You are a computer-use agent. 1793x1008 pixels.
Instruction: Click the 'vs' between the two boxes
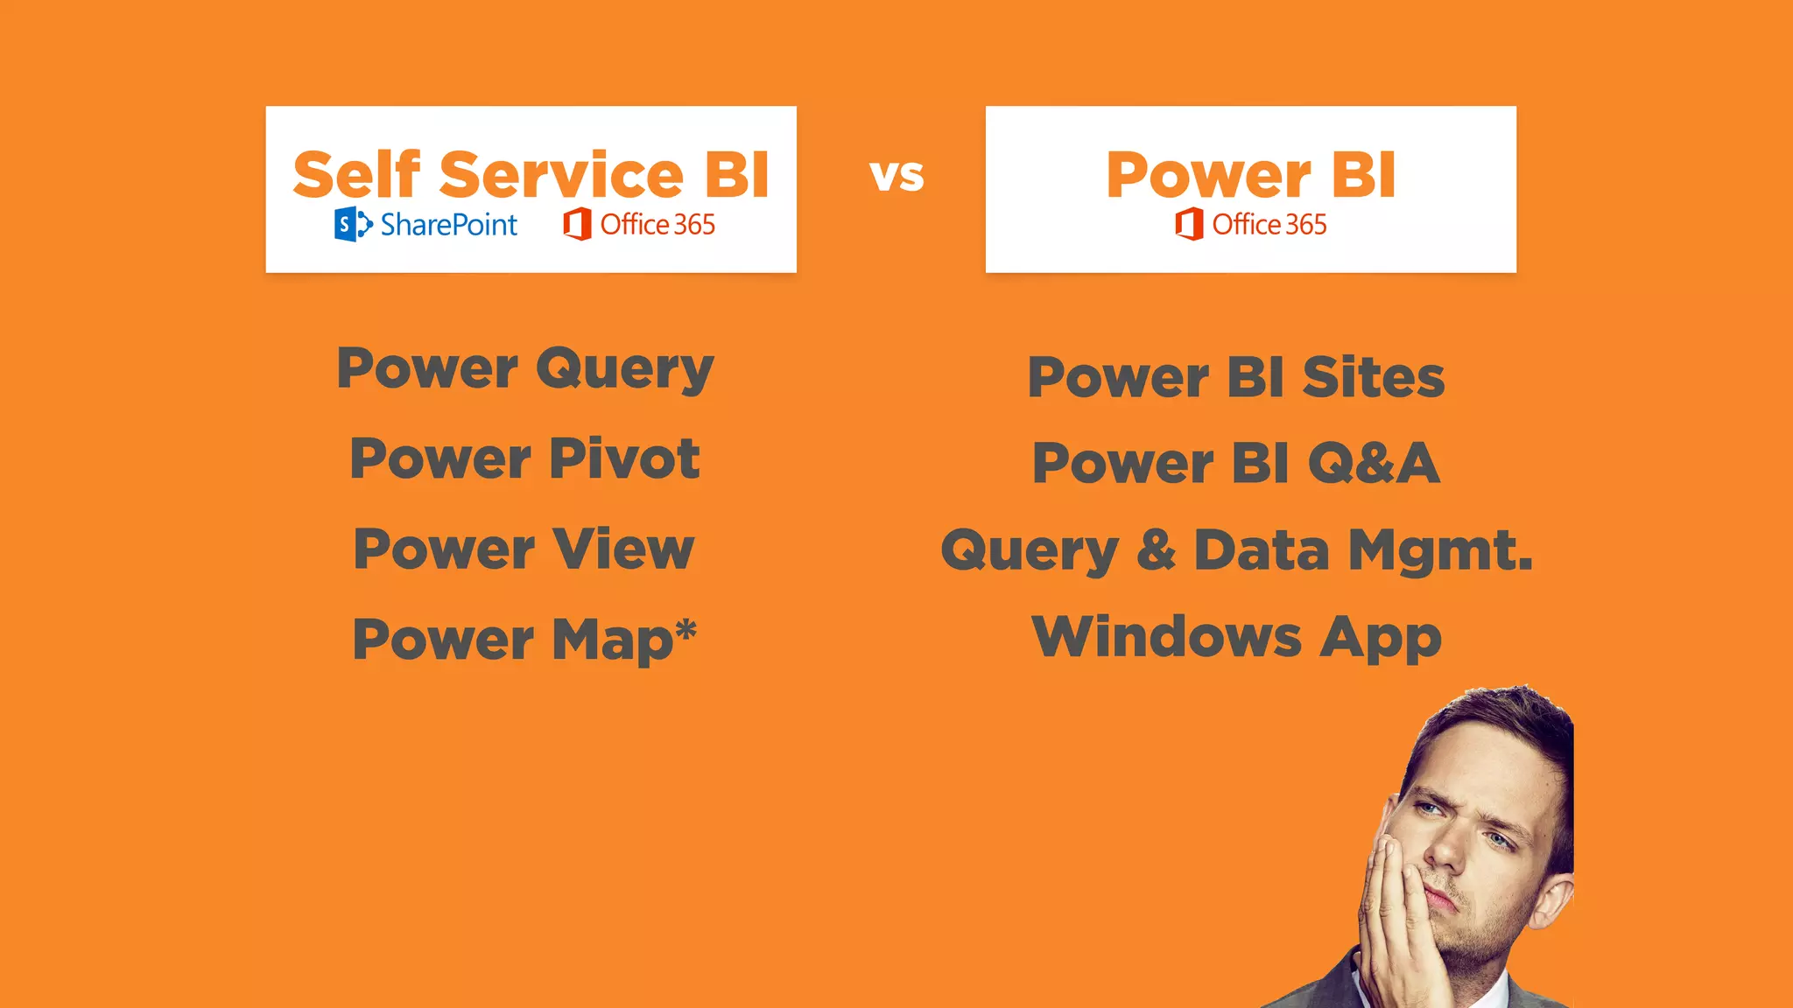coord(896,176)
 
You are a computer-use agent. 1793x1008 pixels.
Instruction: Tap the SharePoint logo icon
coord(352,225)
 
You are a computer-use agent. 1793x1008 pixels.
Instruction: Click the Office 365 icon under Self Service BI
coord(577,225)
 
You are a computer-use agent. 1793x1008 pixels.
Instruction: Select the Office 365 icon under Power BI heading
coord(1189,225)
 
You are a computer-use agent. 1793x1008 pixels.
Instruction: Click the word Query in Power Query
coord(625,370)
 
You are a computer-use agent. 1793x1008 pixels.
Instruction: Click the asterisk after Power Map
coord(686,629)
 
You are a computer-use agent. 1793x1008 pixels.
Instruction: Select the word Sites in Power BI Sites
coord(1373,378)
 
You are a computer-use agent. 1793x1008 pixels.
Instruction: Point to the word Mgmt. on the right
coord(1440,551)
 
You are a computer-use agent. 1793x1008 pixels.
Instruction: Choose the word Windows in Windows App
coord(1166,636)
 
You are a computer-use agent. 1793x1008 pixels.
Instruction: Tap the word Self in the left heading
coord(356,174)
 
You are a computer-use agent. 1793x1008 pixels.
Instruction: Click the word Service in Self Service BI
coord(561,174)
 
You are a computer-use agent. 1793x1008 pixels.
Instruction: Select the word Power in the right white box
coord(1208,176)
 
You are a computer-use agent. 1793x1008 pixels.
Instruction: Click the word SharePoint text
coord(448,226)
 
